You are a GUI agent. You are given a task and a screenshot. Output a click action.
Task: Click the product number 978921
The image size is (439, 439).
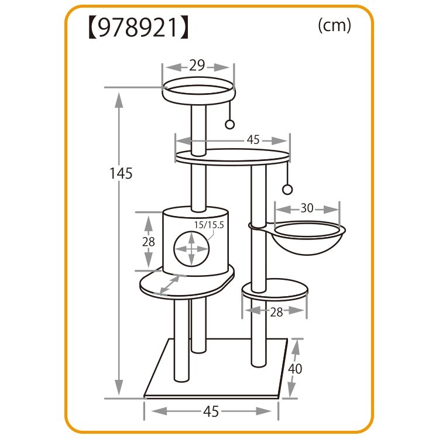pyautogui.click(x=138, y=28)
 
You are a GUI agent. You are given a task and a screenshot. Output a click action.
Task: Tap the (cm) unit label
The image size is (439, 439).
pyautogui.click(x=334, y=26)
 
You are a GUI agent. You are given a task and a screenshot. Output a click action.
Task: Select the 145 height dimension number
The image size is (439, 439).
pyautogui.click(x=121, y=173)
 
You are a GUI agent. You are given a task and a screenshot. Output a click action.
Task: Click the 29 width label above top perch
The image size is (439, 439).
pyautogui.click(x=197, y=66)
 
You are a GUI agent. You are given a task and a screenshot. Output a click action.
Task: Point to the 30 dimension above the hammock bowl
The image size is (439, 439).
pyautogui.click(x=307, y=208)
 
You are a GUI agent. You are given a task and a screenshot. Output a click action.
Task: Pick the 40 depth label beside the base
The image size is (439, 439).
pyautogui.click(x=295, y=369)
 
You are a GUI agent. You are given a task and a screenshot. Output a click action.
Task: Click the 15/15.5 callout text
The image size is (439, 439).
pyautogui.click(x=209, y=225)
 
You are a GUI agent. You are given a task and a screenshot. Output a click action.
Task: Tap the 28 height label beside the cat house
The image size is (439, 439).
pyautogui.click(x=149, y=242)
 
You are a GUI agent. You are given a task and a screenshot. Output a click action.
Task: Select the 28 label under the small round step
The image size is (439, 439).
pyautogui.click(x=276, y=312)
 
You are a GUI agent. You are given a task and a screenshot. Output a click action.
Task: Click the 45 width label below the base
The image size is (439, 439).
pyautogui.click(x=211, y=411)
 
